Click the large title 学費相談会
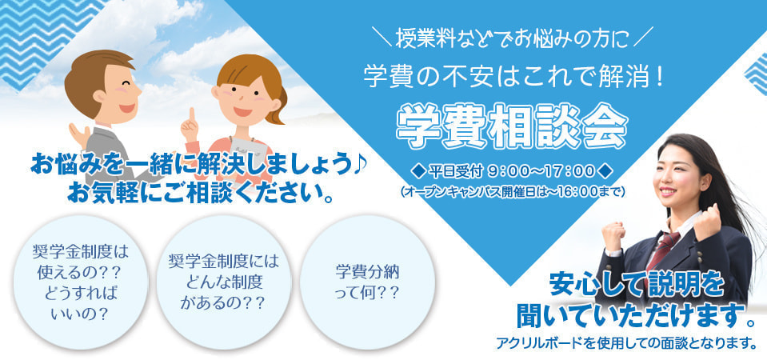[x=511, y=126]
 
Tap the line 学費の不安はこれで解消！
[x=513, y=78]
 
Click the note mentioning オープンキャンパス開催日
[x=512, y=191]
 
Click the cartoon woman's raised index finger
[x=192, y=118]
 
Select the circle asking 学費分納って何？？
[x=367, y=282]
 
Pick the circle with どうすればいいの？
[x=80, y=282]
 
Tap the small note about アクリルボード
[x=626, y=343]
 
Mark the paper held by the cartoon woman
[x=245, y=146]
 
